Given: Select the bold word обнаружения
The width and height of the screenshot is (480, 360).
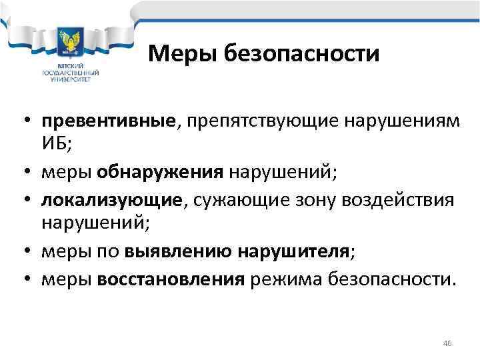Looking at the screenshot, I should tap(159, 173).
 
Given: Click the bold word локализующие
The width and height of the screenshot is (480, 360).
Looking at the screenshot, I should tap(111, 201).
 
